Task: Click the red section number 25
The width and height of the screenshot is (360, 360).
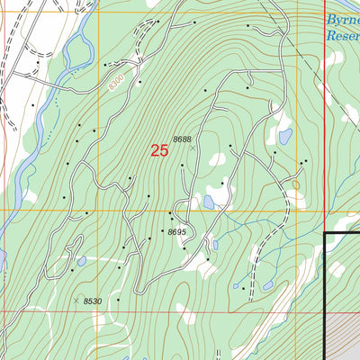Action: click(159, 151)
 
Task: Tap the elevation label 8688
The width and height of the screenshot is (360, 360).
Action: click(183, 139)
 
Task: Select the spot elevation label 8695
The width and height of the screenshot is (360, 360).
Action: click(175, 232)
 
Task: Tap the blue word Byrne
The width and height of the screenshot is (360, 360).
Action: click(342, 27)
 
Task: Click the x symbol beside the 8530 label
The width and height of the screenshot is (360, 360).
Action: click(76, 301)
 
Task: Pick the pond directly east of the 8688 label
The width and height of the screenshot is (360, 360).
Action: click(284, 137)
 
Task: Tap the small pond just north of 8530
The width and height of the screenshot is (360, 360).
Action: click(81, 261)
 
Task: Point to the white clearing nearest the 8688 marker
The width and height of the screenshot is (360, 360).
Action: click(217, 158)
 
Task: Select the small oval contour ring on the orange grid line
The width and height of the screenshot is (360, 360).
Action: click(294, 184)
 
